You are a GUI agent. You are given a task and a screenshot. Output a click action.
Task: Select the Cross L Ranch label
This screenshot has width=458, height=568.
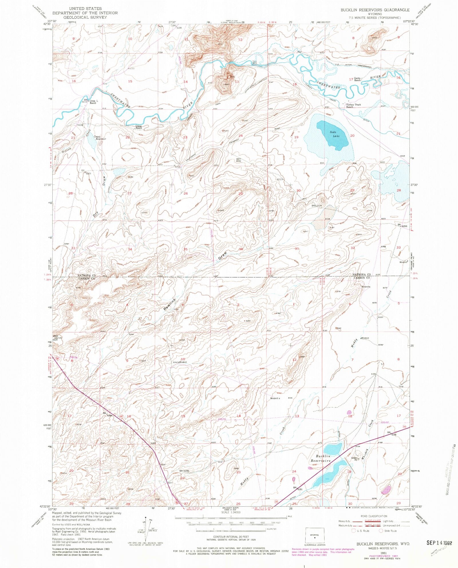coord(93,102)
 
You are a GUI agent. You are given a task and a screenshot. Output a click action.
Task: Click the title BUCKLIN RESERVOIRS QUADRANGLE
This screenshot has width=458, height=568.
coord(375,10)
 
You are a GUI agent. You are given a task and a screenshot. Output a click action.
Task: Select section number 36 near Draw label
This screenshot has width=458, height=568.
coord(241,249)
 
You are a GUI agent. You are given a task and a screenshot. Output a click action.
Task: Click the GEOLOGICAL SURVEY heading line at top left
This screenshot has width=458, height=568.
coord(85,17)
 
